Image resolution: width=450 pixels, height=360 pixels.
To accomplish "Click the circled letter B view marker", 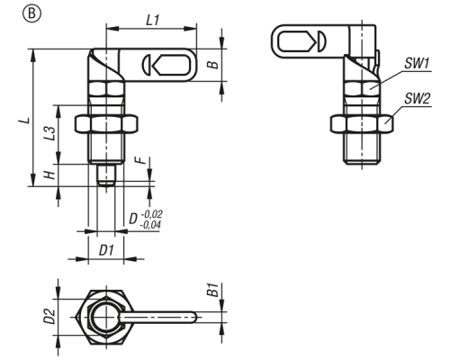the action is [31, 14].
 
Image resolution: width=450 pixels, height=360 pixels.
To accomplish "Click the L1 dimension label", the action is [152, 21].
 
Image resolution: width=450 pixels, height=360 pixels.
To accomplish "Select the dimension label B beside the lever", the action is [213, 65].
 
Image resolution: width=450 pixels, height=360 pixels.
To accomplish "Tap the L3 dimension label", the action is [50, 133].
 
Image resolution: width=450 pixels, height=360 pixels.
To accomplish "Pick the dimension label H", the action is [50, 175].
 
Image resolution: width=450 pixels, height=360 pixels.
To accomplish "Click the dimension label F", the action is [142, 160].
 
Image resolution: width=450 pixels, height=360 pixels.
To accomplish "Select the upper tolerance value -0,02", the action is [151, 214].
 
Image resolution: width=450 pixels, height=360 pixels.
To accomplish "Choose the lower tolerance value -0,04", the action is [150, 225].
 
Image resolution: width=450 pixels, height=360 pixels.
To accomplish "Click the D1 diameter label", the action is [106, 250].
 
